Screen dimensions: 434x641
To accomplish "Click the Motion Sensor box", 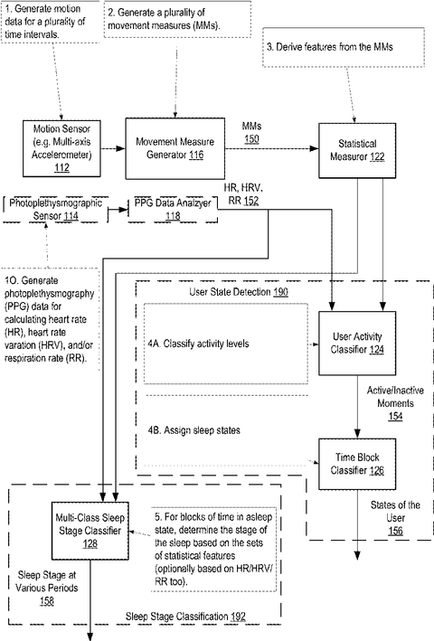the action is point(61,148).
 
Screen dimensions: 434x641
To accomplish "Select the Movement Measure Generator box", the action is point(175,148).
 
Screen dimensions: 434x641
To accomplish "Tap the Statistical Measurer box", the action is point(357,150).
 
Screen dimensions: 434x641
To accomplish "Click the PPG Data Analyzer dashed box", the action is point(173,210).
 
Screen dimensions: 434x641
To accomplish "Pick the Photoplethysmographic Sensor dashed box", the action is point(56,210).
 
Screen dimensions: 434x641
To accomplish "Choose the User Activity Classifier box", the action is point(357,344).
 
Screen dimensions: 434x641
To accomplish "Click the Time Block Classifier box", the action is point(357,464).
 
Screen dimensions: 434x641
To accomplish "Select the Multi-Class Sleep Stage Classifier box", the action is point(90,531).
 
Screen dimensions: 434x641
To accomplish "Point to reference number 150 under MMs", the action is point(251,139).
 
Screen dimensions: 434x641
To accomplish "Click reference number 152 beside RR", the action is point(251,201).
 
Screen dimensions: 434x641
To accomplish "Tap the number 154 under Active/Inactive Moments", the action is point(395,416).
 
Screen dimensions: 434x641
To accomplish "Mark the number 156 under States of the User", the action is point(395,531).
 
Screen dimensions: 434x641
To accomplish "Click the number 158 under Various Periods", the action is point(47,601).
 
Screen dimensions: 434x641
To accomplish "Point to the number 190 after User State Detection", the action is point(281,292).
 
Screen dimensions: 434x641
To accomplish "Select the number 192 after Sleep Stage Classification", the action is point(238,616).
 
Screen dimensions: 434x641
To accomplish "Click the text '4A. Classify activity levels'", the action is point(198,344).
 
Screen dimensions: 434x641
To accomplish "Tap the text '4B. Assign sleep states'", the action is point(193,430).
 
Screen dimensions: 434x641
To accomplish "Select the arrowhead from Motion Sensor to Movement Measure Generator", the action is point(120,148).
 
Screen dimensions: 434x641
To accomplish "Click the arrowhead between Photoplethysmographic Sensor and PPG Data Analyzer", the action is point(123,210).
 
